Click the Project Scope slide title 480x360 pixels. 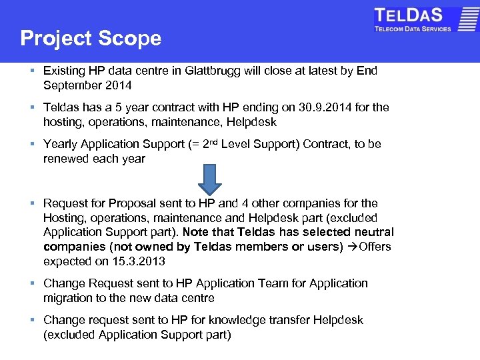(x=91, y=38)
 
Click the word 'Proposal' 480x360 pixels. (x=132, y=203)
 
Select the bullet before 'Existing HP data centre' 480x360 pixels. (x=32, y=71)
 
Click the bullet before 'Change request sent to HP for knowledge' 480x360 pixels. (x=32, y=320)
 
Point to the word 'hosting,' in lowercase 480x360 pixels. (x=65, y=122)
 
